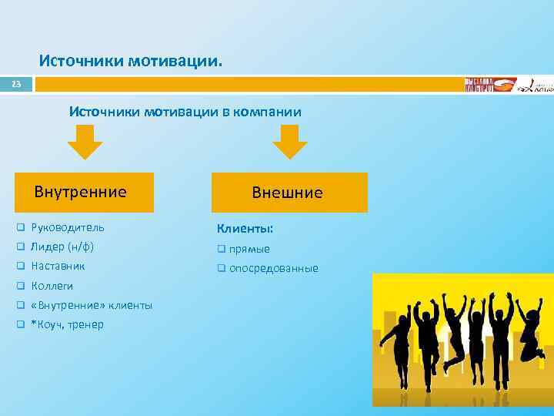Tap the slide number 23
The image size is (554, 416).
click(16, 84)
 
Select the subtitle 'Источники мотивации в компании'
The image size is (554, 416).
click(185, 112)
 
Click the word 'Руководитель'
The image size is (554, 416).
click(68, 227)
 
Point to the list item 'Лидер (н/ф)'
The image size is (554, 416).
click(62, 247)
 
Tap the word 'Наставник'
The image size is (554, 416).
click(58, 266)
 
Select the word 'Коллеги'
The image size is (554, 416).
click(52, 286)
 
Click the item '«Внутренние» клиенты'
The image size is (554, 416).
click(92, 305)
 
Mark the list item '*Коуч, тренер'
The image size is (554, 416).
click(67, 324)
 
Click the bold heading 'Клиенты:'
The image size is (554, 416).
click(245, 228)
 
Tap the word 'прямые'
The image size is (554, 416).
click(249, 249)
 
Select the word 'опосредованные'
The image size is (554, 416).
click(273, 268)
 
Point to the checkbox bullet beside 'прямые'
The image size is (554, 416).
click(221, 249)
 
